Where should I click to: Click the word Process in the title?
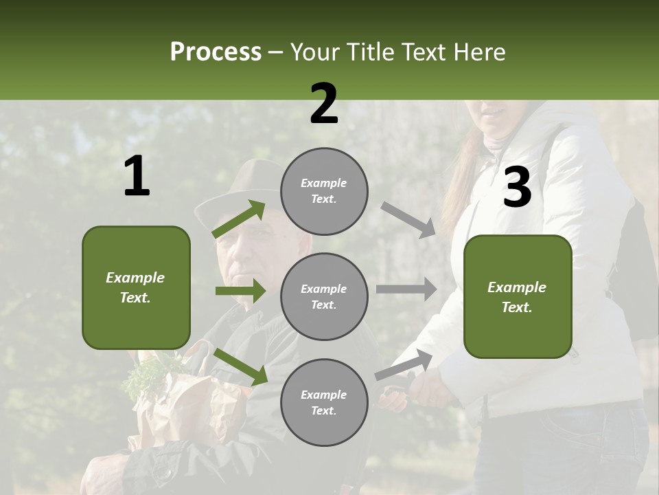(216, 52)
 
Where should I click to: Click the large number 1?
(137, 177)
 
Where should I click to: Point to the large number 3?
(517, 188)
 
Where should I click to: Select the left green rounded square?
(136, 287)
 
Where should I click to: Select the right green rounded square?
(518, 297)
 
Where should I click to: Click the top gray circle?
(324, 191)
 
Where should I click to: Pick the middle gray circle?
(324, 297)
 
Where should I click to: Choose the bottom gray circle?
(324, 403)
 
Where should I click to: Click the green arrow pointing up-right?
(239, 219)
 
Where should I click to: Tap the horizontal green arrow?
(240, 291)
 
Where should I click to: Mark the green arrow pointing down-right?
(240, 366)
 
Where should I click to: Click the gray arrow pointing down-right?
(408, 219)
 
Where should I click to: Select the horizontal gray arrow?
(406, 289)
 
